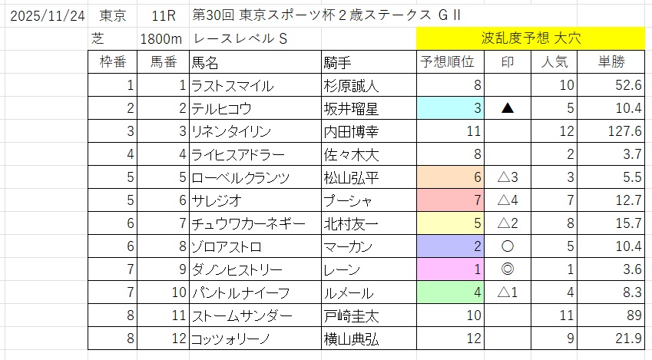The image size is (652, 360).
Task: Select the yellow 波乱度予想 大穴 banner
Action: coord(530,37)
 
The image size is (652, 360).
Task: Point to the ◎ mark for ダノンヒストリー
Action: coord(507,269)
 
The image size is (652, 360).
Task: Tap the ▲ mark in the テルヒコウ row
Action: coord(507,109)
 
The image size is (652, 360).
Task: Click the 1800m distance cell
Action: coord(160,38)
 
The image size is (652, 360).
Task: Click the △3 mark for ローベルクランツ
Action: coord(507,178)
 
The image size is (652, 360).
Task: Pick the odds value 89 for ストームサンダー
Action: coord(632,315)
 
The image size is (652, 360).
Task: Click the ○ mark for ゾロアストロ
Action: coord(507,246)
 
